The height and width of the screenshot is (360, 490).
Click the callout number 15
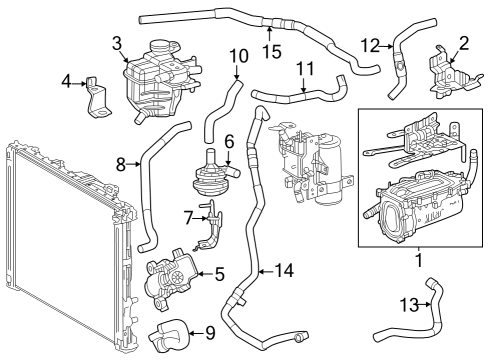[x=272, y=52]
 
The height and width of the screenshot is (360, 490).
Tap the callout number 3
[x=117, y=43]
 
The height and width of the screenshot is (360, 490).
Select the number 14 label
[x=284, y=270]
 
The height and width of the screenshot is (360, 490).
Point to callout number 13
[x=409, y=304]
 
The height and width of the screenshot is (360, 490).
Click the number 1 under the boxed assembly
[x=419, y=260]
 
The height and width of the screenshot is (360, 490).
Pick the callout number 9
[x=210, y=333]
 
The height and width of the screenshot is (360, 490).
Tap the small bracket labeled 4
[x=97, y=98]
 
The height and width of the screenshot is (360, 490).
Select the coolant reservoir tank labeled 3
[x=160, y=83]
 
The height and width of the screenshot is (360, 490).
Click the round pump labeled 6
[x=213, y=175]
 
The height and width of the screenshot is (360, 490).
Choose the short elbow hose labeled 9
[x=169, y=335]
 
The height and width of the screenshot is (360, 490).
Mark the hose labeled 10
[x=222, y=108]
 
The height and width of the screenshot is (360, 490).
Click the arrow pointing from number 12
[x=387, y=47]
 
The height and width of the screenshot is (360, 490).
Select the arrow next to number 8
[x=134, y=164]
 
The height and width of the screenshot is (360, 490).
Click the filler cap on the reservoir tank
[x=161, y=47]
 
